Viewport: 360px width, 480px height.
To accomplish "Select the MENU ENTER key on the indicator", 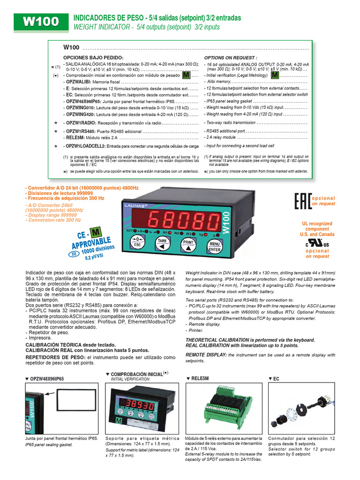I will pos(215,246).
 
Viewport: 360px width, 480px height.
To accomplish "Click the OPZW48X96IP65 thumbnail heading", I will pos(46,378).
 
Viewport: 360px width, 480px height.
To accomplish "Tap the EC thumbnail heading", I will pos(276,378).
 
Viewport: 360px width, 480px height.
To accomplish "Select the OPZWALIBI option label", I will pos(78,82).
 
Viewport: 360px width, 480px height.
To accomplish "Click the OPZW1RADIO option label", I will pos(81,122).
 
